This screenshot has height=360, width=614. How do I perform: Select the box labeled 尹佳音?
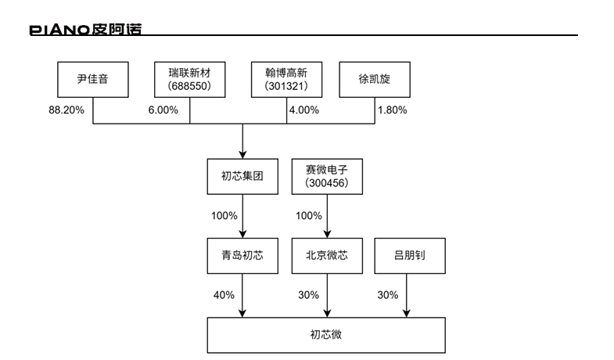coord(92,79)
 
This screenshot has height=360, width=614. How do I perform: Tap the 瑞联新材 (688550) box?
coord(189,79)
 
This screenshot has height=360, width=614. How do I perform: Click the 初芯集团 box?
coord(243,177)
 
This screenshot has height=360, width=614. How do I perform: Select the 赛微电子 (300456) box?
coord(326,177)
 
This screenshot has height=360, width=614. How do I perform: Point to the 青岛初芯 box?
coord(243,255)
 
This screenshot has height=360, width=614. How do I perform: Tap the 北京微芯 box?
coord(326,255)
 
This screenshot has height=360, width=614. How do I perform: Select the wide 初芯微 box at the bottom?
coord(326,335)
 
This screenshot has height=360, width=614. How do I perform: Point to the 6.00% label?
coord(163,110)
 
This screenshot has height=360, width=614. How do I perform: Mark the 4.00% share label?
coord(303,110)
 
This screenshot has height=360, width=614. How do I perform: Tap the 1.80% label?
coord(392,110)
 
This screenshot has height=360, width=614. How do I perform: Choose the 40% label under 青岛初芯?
coord(224,295)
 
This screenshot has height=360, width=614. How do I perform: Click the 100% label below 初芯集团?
coord(224,215)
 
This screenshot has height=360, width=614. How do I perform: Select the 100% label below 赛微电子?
coord(308,215)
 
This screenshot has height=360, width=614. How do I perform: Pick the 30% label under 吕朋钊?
coord(387,295)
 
